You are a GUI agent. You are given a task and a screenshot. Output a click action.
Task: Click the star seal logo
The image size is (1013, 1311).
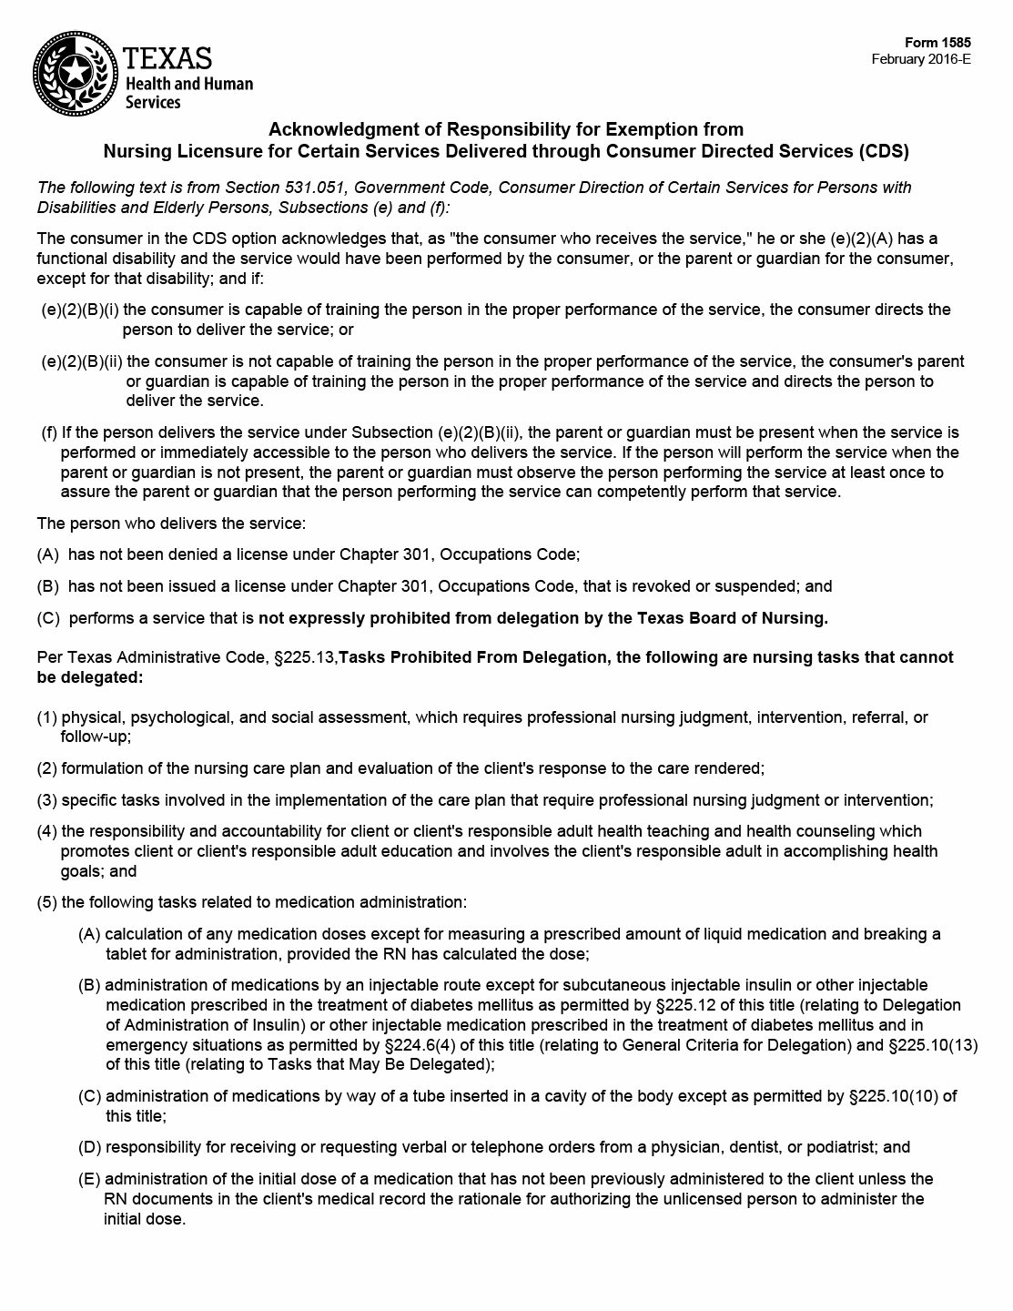click(x=75, y=70)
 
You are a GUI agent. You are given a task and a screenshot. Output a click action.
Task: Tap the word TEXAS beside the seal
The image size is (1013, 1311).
click(x=167, y=58)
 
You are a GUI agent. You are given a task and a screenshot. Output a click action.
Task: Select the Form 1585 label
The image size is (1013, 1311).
click(x=937, y=43)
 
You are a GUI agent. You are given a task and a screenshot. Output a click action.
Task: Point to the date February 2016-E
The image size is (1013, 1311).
click(x=921, y=59)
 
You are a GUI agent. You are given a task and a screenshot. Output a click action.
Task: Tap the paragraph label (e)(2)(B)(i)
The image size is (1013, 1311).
click(x=80, y=310)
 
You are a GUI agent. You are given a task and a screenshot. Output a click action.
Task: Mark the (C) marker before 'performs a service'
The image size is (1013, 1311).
click(x=48, y=619)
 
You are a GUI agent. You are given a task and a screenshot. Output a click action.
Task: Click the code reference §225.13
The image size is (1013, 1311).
click(x=305, y=657)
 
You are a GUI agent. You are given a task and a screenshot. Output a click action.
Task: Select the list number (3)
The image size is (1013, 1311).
click(x=47, y=800)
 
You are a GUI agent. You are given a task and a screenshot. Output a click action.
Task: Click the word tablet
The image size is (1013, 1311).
click(x=127, y=954)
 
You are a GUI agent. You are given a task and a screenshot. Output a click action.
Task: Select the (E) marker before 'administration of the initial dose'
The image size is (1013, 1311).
click(x=89, y=1179)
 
